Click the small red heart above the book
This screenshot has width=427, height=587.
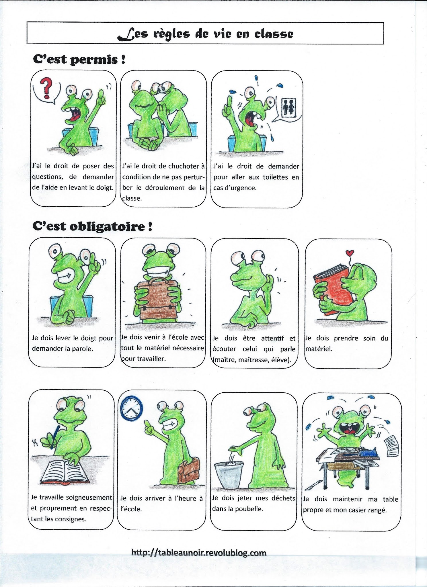350,253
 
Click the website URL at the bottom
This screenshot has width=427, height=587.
199,553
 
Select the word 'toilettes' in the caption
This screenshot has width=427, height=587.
275,177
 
